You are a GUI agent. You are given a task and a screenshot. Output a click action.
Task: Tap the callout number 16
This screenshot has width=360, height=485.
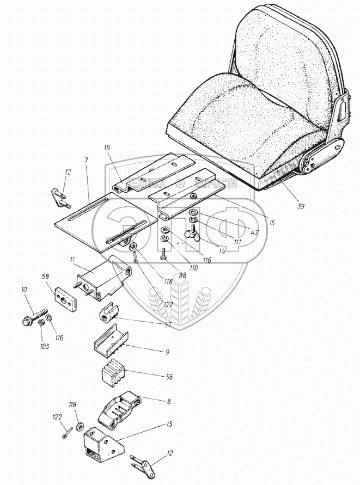pos(106,148)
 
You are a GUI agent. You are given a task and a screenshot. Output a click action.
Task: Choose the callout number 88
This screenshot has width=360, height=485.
pos(182,276)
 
